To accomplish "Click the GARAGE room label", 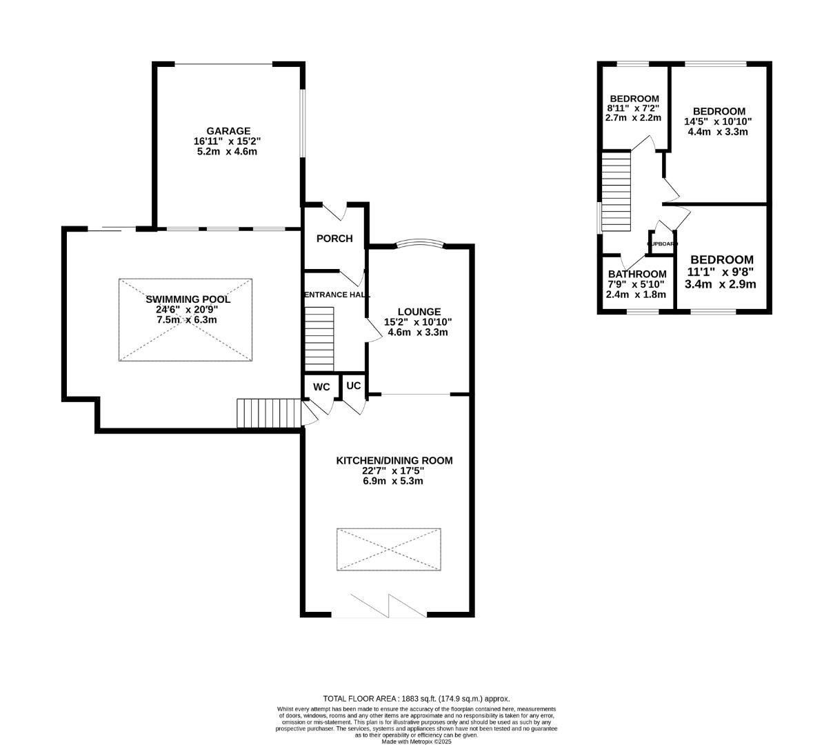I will (228, 131).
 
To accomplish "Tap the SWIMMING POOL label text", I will (188, 299).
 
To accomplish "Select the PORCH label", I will (334, 239).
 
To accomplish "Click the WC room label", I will (321, 387).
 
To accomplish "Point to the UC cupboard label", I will (353, 386).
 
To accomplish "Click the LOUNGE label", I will (419, 312).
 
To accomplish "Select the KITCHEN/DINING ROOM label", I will (394, 460).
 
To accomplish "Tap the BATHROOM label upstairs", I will (636, 274).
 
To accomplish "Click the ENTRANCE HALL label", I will (332, 295).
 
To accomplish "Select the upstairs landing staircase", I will (616, 192).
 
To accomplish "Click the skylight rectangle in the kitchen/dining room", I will (389, 550).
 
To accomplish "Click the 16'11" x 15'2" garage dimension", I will (228, 141).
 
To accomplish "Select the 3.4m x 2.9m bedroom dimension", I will (720, 284).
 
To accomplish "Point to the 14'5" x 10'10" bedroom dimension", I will (718, 121).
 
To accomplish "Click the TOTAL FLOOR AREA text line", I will (417, 698).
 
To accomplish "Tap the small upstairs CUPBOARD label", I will (662, 244).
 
